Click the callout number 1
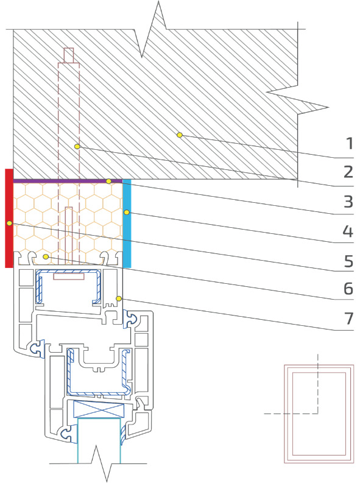(x=349, y=144)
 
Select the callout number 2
(x=348, y=172)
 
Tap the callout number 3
(x=348, y=201)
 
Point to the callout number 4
(x=348, y=231)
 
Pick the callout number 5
(x=348, y=261)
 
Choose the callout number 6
(x=348, y=289)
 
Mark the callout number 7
(x=348, y=318)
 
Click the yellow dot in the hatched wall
(x=180, y=135)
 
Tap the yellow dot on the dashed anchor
(x=77, y=147)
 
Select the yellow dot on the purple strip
(x=108, y=182)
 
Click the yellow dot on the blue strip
(x=126, y=212)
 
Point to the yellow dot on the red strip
(x=10, y=223)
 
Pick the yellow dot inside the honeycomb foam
(x=46, y=256)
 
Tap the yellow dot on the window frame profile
(x=119, y=298)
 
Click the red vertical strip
(x=9, y=218)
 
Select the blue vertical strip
(x=127, y=224)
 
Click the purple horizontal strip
(x=68, y=181)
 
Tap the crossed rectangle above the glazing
(x=99, y=409)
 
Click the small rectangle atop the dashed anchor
(x=69, y=55)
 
